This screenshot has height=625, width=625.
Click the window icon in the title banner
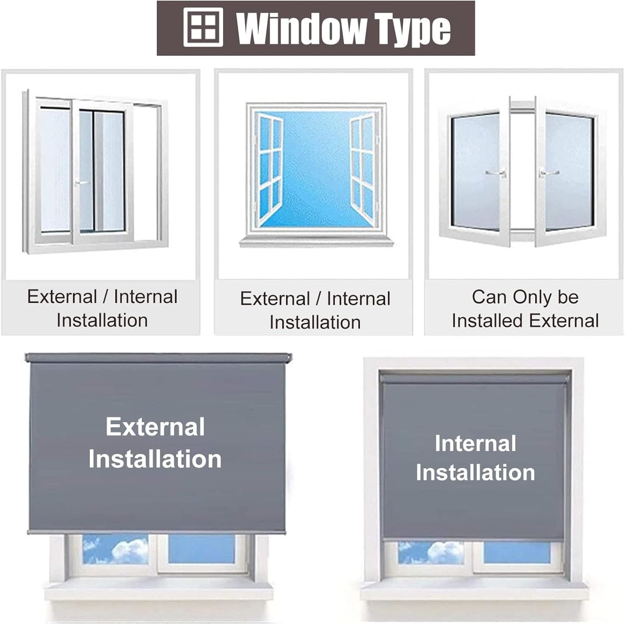[203, 28]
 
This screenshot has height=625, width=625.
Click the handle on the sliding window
[82, 182]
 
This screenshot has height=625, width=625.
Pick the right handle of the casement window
[549, 173]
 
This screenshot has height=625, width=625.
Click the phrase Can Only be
[525, 297]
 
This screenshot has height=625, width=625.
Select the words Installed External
[525, 321]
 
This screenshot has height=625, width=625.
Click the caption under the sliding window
[102, 309]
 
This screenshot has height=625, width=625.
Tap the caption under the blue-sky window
[315, 311]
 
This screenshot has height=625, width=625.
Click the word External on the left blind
[155, 427]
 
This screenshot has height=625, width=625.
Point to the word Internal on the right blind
[475, 443]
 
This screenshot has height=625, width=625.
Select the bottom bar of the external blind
[157, 532]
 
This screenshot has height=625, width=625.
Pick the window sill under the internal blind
[474, 591]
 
